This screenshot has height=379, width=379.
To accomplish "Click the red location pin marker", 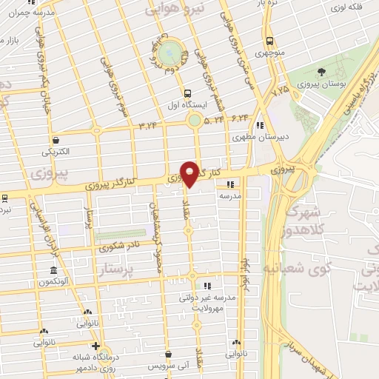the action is coord(190,172).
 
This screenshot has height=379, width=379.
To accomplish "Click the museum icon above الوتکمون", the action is coord(53,270).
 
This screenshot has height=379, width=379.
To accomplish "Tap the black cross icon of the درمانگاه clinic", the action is coord(95,346).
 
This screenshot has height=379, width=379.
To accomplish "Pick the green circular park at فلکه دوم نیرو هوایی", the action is coord(170,53).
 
